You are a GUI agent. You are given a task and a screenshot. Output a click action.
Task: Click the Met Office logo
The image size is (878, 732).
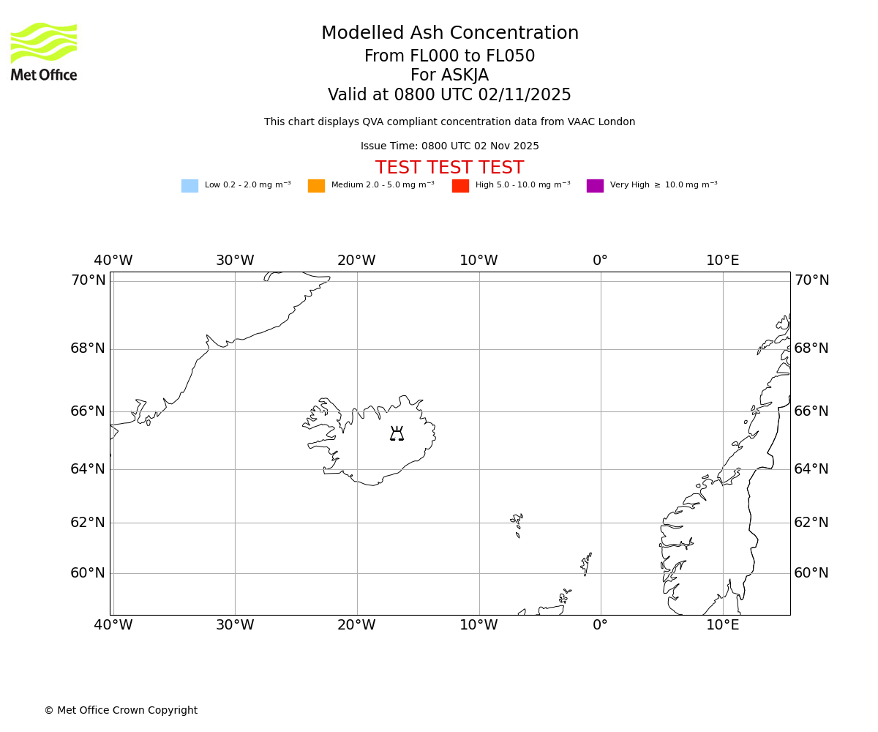tap(44, 51)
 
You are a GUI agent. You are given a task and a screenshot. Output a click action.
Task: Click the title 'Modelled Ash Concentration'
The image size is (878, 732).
tap(449, 34)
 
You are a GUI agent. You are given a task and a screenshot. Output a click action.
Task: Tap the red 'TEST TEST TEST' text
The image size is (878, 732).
tap(449, 168)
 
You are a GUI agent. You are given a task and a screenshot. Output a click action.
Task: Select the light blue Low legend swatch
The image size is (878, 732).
tap(190, 186)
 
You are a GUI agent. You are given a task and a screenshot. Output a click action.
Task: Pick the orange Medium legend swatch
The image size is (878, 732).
tap(316, 186)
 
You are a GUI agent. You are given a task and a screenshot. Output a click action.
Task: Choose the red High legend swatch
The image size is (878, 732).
tap(460, 186)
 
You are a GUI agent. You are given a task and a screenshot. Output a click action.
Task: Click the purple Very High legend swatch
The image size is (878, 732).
tap(595, 186)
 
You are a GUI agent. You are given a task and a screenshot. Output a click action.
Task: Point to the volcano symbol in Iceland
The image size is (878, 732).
tap(397, 433)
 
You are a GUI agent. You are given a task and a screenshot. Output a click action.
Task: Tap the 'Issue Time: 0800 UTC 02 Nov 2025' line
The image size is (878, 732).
tap(449, 146)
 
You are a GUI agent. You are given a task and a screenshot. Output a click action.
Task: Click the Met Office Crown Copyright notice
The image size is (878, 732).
tap(121, 711)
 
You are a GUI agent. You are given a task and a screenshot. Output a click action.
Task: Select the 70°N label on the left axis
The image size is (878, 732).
tap(88, 280)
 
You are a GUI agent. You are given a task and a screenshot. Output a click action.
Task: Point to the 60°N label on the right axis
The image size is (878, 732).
tap(811, 573)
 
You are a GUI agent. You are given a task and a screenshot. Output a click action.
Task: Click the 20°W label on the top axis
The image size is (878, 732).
tap(356, 261)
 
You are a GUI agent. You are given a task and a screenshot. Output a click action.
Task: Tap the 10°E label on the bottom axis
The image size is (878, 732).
tap(722, 625)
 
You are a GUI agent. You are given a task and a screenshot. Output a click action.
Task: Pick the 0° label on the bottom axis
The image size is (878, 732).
tap(600, 625)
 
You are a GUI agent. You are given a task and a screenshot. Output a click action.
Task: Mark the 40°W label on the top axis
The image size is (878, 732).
tap(113, 261)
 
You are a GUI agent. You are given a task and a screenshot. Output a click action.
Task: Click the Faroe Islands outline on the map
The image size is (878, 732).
tap(517, 523)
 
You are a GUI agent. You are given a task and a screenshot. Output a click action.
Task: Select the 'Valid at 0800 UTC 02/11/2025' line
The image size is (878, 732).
tap(449, 95)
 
